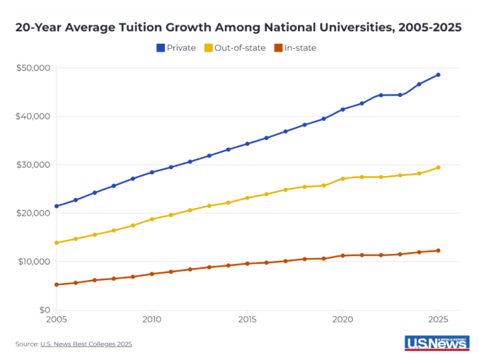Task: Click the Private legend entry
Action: point(176,48)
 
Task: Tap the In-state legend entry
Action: point(295,48)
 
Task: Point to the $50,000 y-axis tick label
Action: point(33,68)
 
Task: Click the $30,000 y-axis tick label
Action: point(33,165)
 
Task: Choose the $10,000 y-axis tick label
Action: point(33,262)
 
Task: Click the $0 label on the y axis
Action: point(43,310)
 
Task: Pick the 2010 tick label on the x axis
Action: point(152,320)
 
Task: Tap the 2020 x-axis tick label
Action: point(343,320)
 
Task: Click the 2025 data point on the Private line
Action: point(438,75)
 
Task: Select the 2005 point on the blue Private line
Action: point(57,207)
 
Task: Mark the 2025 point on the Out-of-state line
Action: point(438,168)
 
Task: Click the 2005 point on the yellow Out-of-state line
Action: point(57,243)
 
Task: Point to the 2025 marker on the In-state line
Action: point(438,250)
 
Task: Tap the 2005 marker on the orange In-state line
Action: point(57,284)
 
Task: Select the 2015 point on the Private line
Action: point(248,144)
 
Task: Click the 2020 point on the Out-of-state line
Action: point(342,179)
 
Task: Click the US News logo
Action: point(437,342)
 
